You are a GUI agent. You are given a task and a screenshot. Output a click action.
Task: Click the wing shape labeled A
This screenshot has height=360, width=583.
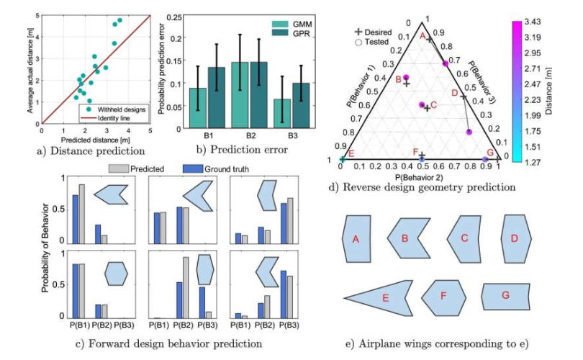(355, 238)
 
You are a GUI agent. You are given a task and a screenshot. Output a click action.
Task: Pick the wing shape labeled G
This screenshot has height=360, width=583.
(506, 296)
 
